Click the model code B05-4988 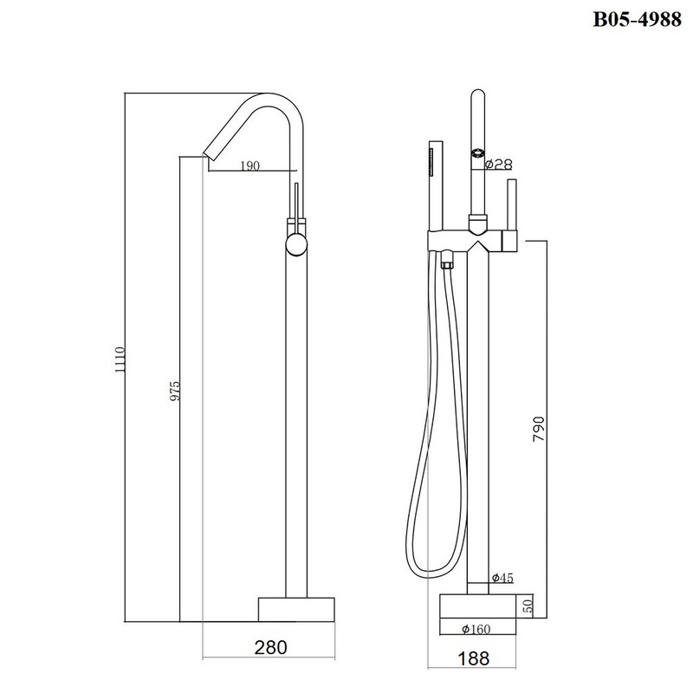click(637, 19)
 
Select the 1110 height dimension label click(120, 359)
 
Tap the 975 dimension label click(175, 391)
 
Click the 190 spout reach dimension click(250, 165)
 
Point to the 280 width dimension click(270, 647)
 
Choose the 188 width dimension click(473, 658)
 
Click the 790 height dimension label click(539, 428)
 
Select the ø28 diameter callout click(499, 165)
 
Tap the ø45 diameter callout click(502, 577)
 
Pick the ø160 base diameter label click(476, 629)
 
